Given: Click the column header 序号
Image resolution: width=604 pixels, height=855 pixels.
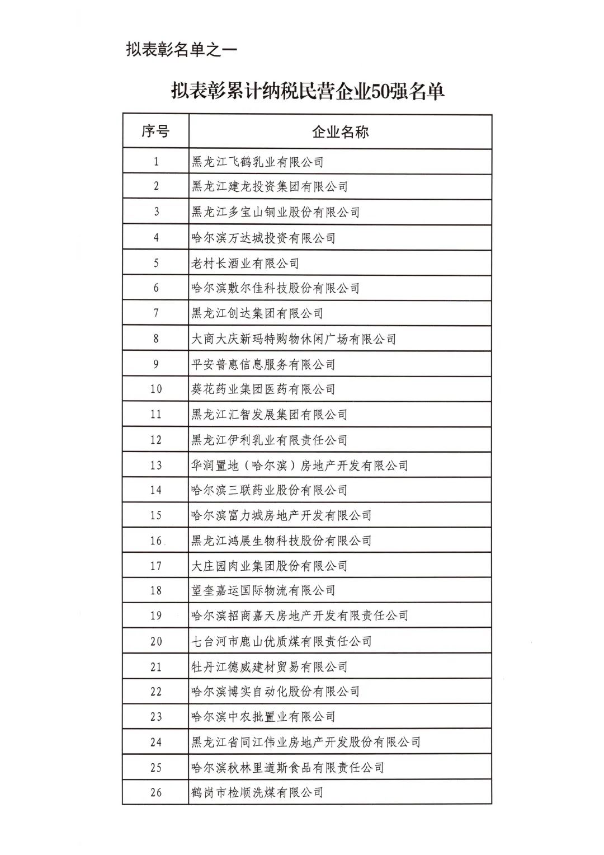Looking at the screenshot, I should [155, 132].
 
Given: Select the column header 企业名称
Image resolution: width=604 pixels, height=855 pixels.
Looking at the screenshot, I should [340, 132].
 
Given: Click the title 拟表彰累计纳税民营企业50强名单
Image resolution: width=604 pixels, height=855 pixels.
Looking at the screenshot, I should [308, 91].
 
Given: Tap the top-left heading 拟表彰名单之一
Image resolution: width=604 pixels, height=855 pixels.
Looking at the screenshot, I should [182, 49].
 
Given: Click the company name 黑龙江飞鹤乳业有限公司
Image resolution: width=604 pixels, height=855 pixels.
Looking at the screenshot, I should [258, 162].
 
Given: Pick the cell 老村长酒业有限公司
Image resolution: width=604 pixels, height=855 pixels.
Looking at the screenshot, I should [246, 263].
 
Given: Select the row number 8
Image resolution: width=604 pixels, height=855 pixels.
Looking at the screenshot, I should [156, 339].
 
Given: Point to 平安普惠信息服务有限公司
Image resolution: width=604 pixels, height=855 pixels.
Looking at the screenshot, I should [263, 364].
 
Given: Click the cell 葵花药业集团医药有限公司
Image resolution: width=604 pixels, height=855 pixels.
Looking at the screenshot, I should [263, 389].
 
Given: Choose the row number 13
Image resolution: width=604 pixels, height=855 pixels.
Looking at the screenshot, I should [156, 465].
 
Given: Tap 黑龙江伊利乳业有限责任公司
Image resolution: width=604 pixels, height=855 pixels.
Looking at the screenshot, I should [270, 440].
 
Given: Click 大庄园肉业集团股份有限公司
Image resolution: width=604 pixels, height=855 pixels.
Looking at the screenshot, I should [270, 566].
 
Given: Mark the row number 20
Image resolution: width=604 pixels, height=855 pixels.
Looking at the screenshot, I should [156, 641].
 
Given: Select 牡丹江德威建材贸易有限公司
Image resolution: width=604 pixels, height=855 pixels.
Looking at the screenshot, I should [270, 666].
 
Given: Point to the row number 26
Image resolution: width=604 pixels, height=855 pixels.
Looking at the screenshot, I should [156, 792].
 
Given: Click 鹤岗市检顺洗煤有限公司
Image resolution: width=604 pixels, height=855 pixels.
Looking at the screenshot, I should [258, 792].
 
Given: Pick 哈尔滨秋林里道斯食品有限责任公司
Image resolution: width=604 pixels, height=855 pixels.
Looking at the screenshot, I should [288, 767].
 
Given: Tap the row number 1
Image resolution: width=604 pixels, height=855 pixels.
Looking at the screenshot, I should [156, 162].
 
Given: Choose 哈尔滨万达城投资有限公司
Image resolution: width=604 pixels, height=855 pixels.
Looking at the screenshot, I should [263, 238].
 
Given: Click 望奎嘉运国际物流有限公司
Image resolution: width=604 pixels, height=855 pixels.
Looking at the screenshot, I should [263, 590].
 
